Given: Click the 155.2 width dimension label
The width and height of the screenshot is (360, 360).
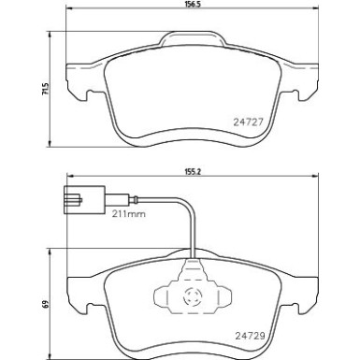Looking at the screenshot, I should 194,173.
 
